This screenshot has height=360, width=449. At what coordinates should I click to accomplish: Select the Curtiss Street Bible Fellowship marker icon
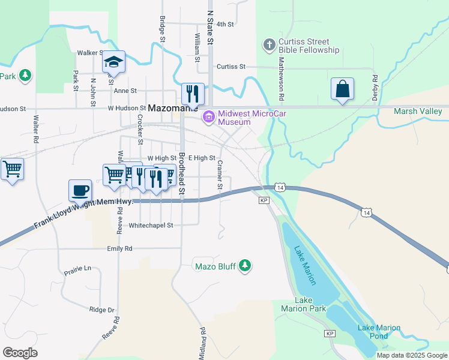tap(269, 44)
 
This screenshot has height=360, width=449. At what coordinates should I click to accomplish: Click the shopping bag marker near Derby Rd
tap(342, 89)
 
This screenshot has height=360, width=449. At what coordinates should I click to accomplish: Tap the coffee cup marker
tap(80, 191)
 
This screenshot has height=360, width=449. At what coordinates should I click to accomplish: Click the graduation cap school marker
tap(113, 62)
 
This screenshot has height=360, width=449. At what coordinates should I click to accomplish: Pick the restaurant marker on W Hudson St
tap(193, 94)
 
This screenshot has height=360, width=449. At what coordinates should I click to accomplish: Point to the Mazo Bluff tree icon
tap(245, 265)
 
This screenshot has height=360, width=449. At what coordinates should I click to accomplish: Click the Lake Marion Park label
tap(303, 304)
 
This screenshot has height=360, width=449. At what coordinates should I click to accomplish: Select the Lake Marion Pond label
tap(379, 331)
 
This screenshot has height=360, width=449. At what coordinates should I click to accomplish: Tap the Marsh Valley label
tap(418, 111)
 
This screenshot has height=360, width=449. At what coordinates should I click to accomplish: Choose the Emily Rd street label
tap(119, 248)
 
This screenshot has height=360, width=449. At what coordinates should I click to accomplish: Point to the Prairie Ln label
tap(78, 269)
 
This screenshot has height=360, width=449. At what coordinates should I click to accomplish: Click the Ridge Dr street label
tap(101, 310)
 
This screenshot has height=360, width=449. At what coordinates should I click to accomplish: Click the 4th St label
tap(224, 24)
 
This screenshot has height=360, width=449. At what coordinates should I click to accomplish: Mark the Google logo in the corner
tap(20, 353)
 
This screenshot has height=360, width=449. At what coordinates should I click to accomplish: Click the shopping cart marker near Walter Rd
tap(12, 169)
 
